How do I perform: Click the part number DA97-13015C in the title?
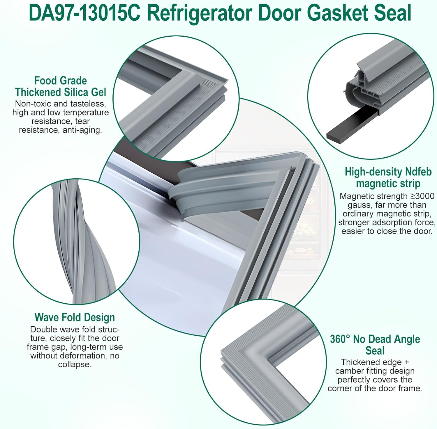coord(84,13)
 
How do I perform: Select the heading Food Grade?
coord(61,81)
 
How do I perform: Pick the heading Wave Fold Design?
coord(75,317)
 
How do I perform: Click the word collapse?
coord(75,364)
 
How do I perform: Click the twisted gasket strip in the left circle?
coord(73,241)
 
